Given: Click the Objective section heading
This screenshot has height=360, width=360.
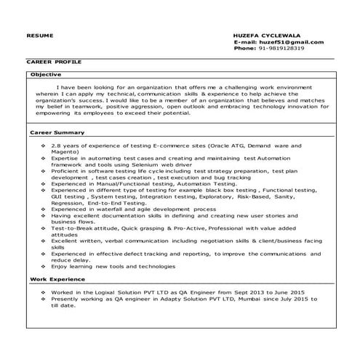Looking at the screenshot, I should (46, 74).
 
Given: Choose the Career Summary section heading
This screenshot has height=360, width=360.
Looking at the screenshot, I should (57, 133).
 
